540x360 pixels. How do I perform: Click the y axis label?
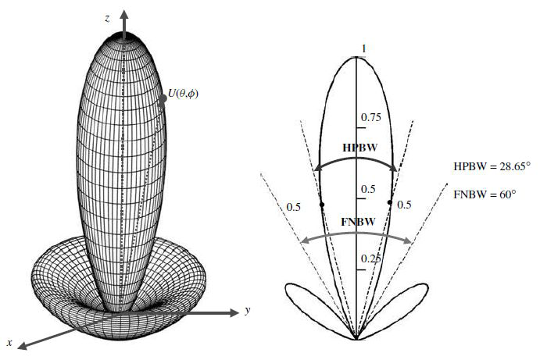click(247, 311)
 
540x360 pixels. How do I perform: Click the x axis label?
click(9, 342)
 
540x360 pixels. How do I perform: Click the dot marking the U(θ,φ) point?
click(163, 98)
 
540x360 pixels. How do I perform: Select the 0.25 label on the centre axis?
click(370, 258)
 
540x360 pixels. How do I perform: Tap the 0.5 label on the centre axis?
click(367, 190)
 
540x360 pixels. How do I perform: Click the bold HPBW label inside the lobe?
click(356, 147)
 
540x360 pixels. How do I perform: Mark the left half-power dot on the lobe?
click(323, 205)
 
